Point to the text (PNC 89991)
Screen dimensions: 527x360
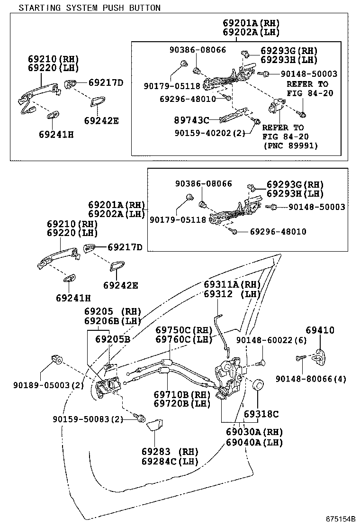pyautogui.click(x=291, y=146)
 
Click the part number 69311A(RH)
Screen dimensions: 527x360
pyautogui.click(x=232, y=285)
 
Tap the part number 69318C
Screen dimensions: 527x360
pyautogui.click(x=261, y=414)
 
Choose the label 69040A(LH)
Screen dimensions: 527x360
pyautogui.click(x=254, y=442)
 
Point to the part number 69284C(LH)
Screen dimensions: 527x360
pyautogui.click(x=170, y=461)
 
